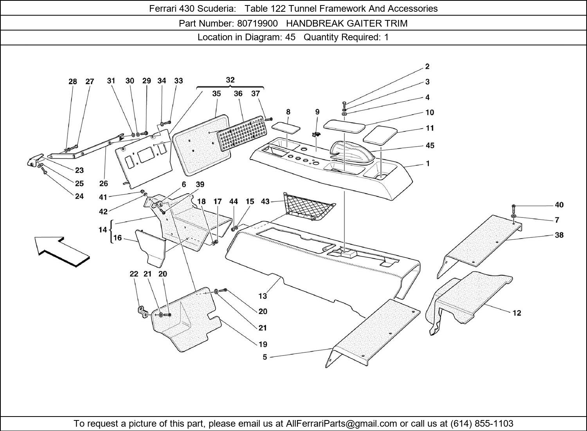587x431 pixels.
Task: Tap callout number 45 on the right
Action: tap(430, 145)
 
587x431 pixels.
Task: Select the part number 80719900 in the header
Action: tap(257, 23)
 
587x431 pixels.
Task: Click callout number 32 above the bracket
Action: tap(230, 80)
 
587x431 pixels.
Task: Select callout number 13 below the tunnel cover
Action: tap(263, 296)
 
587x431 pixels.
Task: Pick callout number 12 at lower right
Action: tap(517, 313)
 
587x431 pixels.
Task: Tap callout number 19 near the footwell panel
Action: tap(263, 344)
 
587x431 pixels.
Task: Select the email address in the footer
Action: tap(342, 424)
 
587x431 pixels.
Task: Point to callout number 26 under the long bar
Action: tap(103, 183)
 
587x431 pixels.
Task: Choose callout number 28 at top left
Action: tap(72, 82)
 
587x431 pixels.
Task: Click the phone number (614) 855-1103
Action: tap(482, 424)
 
